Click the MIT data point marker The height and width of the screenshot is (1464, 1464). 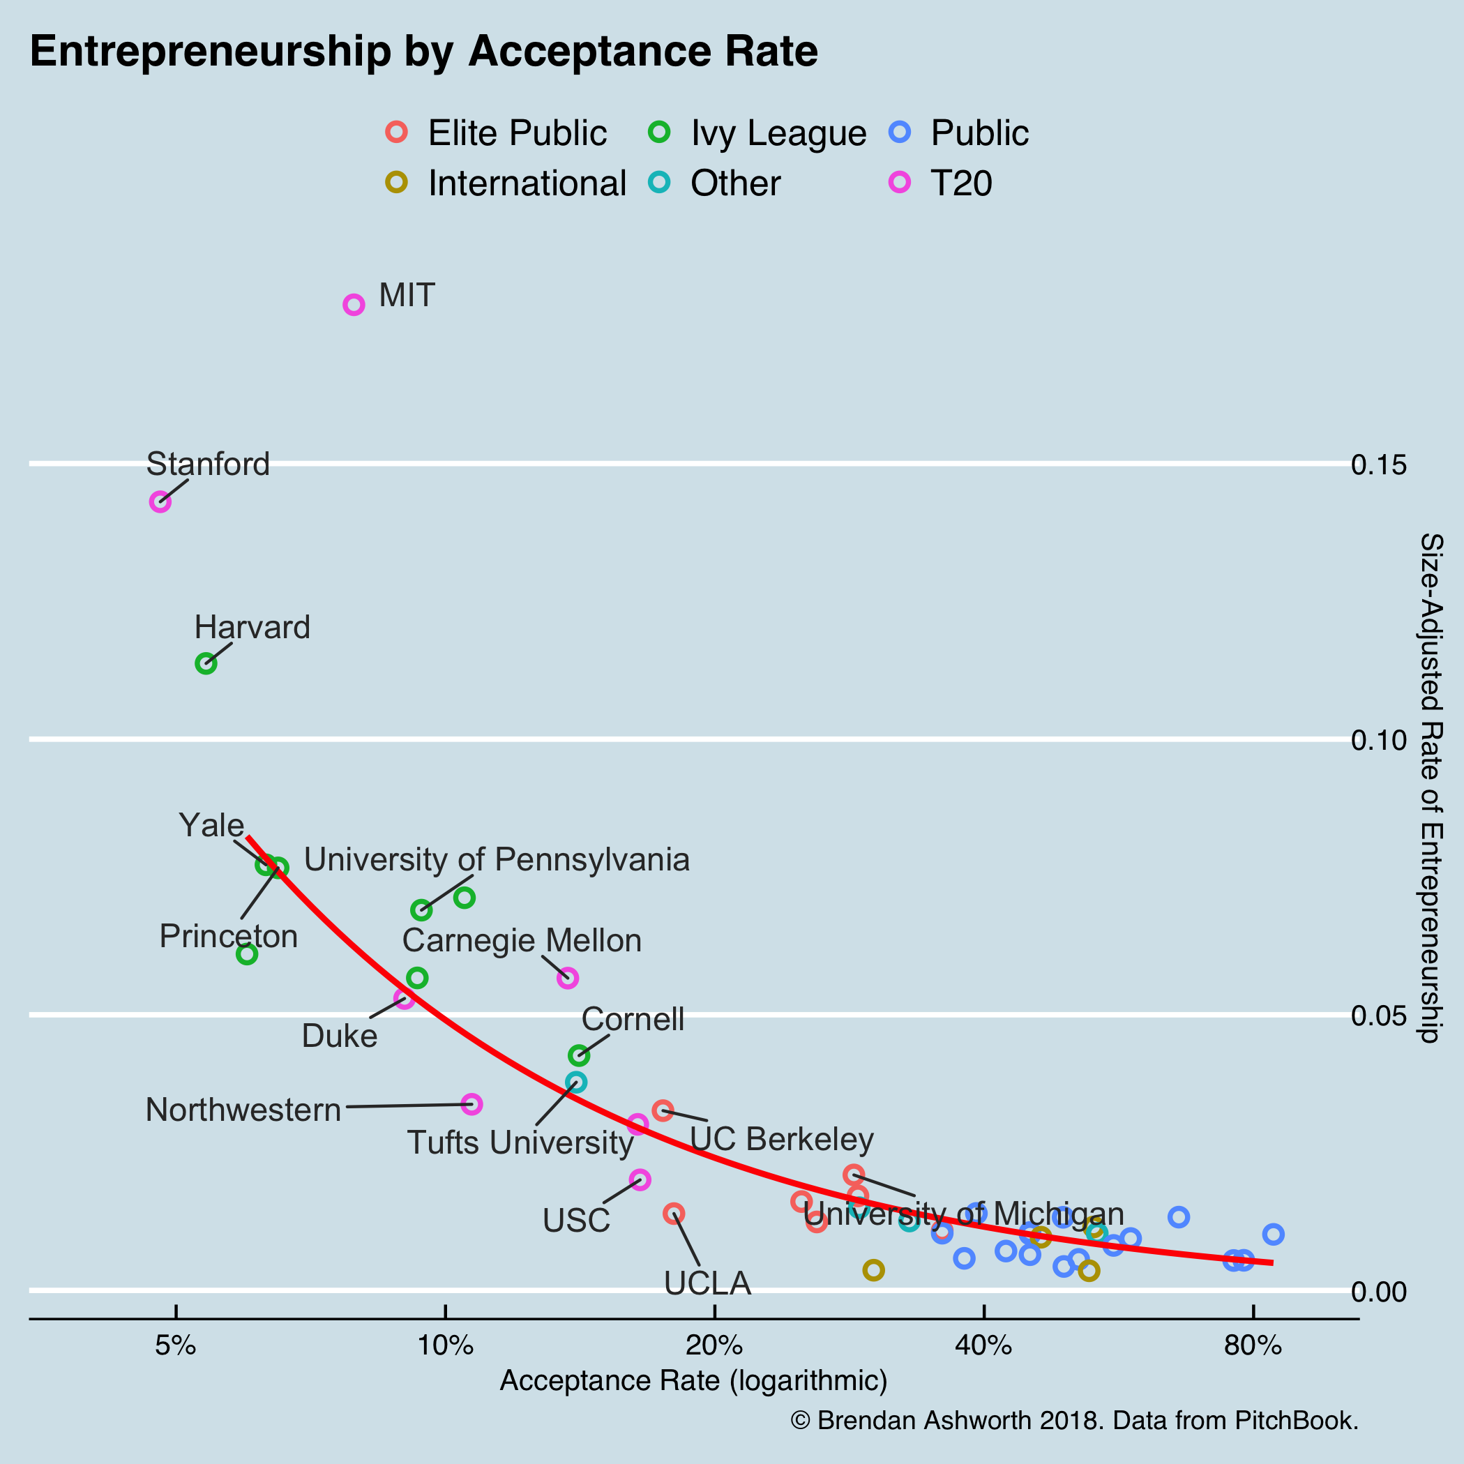coord(354,305)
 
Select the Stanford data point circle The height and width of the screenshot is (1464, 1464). coord(160,501)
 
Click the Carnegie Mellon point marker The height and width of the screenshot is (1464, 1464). coord(568,979)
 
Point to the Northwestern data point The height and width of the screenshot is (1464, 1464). coord(472,1104)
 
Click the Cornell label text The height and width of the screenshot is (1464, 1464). coord(633,1019)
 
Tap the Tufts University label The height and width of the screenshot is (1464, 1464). coord(520,1142)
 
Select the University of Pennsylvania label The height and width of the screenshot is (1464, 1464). coord(497,860)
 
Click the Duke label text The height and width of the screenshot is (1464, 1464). coord(340,1036)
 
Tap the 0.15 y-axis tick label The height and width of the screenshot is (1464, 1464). coord(1379,465)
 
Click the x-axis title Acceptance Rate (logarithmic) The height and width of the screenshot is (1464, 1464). coord(693,1380)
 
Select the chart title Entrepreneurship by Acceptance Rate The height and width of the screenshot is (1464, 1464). coord(423,52)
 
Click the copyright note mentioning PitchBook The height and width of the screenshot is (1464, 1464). coord(1073,1420)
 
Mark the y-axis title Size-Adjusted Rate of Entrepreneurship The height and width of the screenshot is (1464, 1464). coord(1431,788)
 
